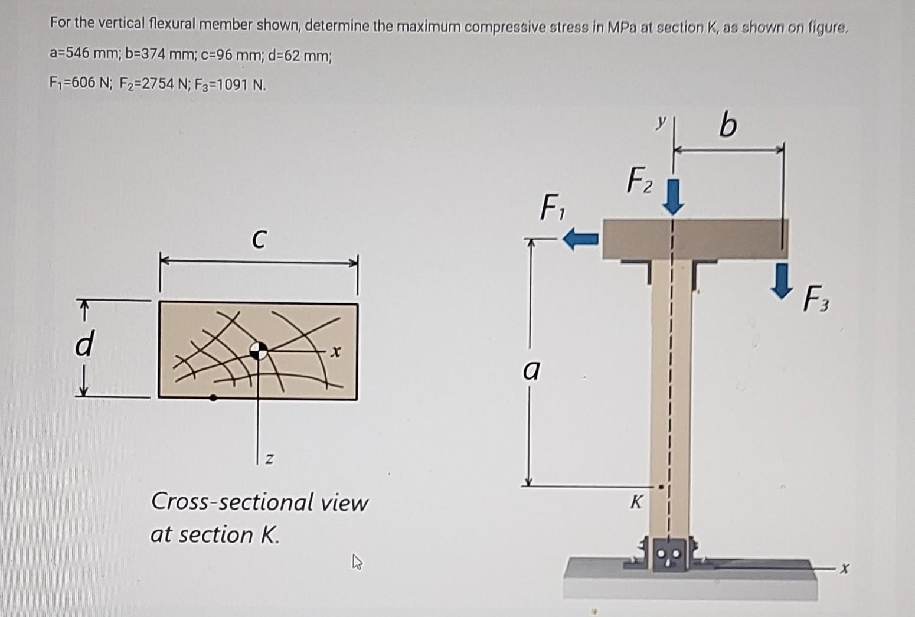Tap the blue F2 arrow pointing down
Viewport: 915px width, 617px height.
click(674, 198)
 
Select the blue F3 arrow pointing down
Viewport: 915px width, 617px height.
click(782, 280)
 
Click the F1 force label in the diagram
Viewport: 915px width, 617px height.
click(551, 208)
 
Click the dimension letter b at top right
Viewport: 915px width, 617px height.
click(728, 125)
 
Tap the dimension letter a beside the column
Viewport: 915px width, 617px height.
click(531, 371)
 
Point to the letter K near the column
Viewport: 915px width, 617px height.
click(635, 502)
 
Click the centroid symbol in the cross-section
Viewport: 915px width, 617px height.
click(258, 350)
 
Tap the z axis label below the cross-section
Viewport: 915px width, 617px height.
click(269, 458)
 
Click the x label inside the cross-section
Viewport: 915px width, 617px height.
click(335, 352)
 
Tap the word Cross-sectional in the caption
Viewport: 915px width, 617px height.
click(231, 502)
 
